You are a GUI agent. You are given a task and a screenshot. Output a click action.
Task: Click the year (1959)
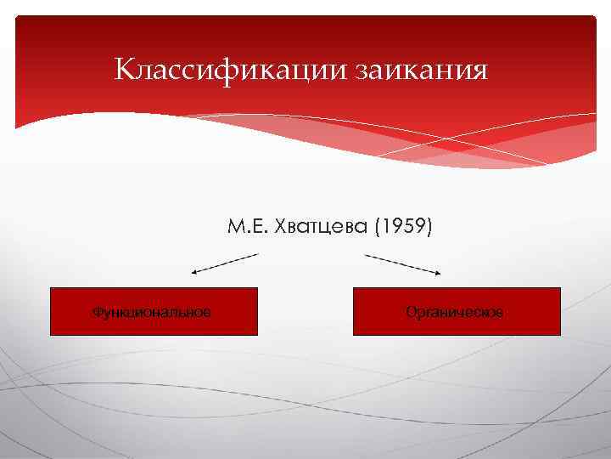(x=402, y=228)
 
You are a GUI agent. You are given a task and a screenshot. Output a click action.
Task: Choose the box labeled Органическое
(x=457, y=311)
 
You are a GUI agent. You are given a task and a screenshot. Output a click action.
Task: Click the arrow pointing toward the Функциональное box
(x=224, y=263)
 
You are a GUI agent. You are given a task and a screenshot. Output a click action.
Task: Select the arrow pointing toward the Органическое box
(x=403, y=263)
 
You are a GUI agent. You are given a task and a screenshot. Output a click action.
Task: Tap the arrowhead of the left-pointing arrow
(x=194, y=272)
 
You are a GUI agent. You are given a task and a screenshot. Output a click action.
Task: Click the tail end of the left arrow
(x=257, y=254)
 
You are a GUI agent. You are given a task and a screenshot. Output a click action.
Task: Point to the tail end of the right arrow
(x=366, y=254)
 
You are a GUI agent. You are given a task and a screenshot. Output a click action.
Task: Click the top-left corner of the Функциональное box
(x=51, y=288)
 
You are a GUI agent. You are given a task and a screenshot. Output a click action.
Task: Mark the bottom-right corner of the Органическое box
(x=560, y=335)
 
